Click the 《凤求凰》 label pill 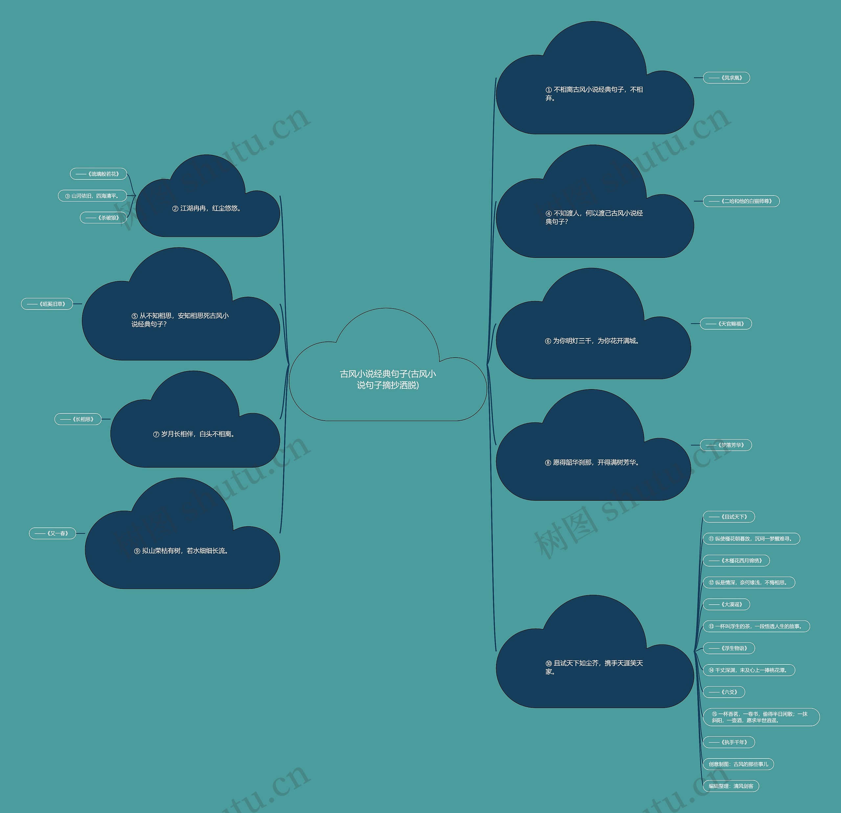click(x=726, y=78)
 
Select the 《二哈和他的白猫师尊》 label click(x=741, y=201)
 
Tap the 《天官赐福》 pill click(x=726, y=324)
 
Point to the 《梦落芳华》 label click(x=726, y=445)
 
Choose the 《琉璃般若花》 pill click(x=98, y=174)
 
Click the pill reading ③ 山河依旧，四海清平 click(x=92, y=196)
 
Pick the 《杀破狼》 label click(x=103, y=218)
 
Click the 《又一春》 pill click(x=52, y=533)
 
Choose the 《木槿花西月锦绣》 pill click(x=736, y=561)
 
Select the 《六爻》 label click(x=724, y=692)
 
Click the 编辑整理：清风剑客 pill click(x=731, y=786)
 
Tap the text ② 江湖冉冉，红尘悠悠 click(x=207, y=208)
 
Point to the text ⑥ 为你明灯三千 click(x=593, y=341)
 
